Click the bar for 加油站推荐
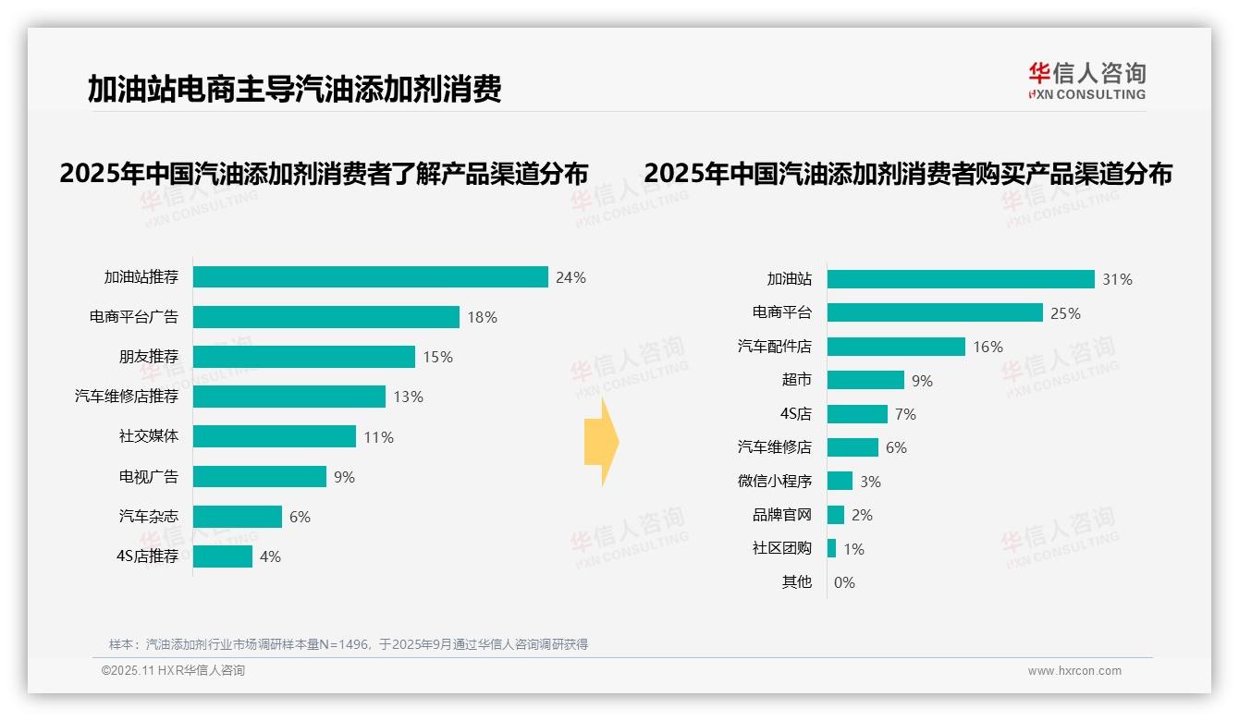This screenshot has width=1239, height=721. click(370, 277)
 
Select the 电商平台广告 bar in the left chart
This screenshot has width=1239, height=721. click(325, 317)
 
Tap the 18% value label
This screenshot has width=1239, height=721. click(482, 317)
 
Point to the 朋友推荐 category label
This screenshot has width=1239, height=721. click(148, 357)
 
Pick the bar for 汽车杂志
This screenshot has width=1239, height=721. click(237, 517)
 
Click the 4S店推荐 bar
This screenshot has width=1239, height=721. click(222, 556)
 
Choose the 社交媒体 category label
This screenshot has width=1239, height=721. click(148, 436)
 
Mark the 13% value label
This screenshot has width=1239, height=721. click(408, 397)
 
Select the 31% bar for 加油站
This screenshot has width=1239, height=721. click(961, 279)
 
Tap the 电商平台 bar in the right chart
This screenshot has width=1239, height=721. click(935, 312)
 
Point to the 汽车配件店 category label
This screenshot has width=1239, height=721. click(774, 347)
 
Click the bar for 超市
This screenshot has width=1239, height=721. click(865, 380)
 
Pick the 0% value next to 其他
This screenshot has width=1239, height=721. click(844, 582)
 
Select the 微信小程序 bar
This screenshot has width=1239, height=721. click(840, 481)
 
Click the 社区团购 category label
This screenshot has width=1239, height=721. click(781, 548)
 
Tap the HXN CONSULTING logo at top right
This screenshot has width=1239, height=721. click(1086, 80)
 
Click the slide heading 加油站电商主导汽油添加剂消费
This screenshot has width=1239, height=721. click(294, 90)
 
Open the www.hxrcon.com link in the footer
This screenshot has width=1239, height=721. click(1073, 671)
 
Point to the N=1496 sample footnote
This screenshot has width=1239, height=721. click(349, 644)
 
